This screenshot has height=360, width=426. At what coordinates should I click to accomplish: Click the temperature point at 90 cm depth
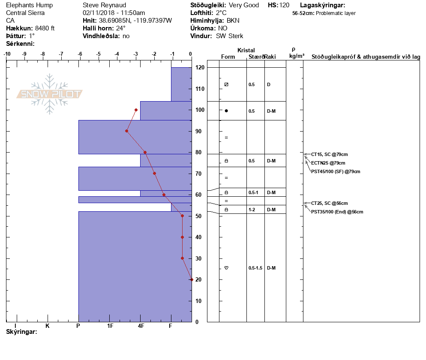tap(127, 131)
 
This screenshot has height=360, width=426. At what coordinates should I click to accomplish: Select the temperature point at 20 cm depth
tap(192, 279)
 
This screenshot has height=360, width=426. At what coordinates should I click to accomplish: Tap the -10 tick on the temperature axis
tap(7, 54)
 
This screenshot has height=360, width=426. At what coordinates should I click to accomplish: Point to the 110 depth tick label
tap(200, 89)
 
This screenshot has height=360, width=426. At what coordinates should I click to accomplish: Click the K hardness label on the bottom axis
tap(48, 326)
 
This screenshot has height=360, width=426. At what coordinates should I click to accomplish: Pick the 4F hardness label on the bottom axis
tap(141, 326)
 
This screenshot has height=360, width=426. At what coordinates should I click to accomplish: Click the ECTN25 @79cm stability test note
tap(328, 163)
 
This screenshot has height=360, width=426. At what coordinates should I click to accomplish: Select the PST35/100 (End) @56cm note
tap(337, 212)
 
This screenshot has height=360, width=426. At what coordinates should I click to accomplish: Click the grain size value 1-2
tap(252, 210)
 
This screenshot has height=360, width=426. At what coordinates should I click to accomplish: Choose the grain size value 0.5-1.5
tap(255, 268)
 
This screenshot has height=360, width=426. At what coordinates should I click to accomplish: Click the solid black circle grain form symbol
tap(226, 111)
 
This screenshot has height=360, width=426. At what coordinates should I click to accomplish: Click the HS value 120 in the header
tap(284, 5)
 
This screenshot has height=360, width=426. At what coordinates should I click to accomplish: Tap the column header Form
tap(228, 57)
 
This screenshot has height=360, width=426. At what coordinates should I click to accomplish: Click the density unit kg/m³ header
tap(297, 56)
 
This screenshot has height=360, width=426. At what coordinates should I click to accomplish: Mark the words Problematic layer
tap(336, 13)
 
